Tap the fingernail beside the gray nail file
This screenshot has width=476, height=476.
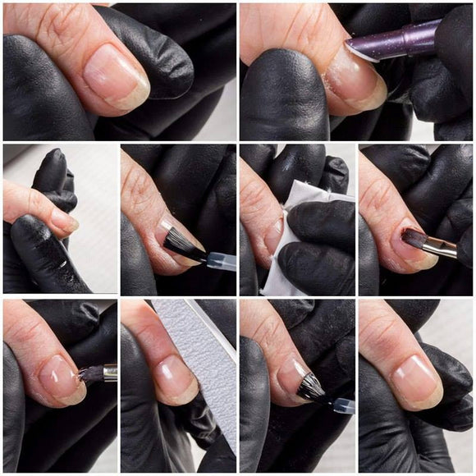coord(175,377)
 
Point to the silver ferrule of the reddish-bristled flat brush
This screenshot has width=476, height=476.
coord(442,244)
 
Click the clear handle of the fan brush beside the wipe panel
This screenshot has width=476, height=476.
coord(219,260)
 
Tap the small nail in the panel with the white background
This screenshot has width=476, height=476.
coord(62,220)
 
